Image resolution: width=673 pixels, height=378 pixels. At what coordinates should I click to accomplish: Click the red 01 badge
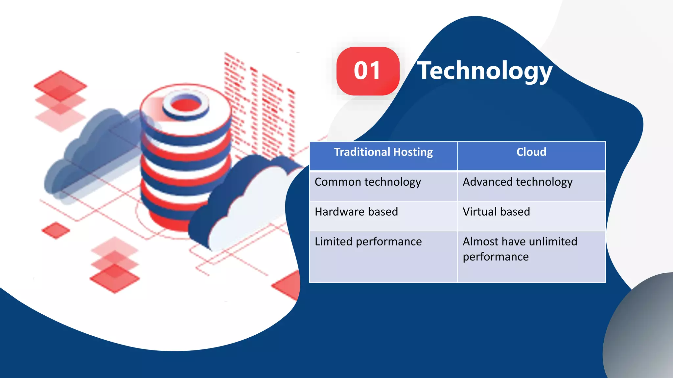[x=368, y=71]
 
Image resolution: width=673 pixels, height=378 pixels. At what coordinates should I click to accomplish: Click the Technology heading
[x=484, y=71]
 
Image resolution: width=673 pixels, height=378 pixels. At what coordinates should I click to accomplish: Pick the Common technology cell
[x=383, y=186]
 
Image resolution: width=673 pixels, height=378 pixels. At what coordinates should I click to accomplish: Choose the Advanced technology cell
[x=531, y=186]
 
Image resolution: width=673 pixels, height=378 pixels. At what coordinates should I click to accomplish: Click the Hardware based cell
[x=383, y=216]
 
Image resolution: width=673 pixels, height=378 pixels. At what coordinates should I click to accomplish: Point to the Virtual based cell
[x=531, y=216]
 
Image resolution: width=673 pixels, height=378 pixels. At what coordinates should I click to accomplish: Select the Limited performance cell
[x=383, y=256]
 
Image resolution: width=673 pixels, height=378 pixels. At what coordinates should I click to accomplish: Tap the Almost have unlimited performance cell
[x=531, y=256]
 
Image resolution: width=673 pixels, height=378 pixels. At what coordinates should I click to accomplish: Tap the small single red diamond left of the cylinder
[x=56, y=230]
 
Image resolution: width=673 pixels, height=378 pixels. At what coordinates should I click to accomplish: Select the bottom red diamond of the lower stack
[x=114, y=279]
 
